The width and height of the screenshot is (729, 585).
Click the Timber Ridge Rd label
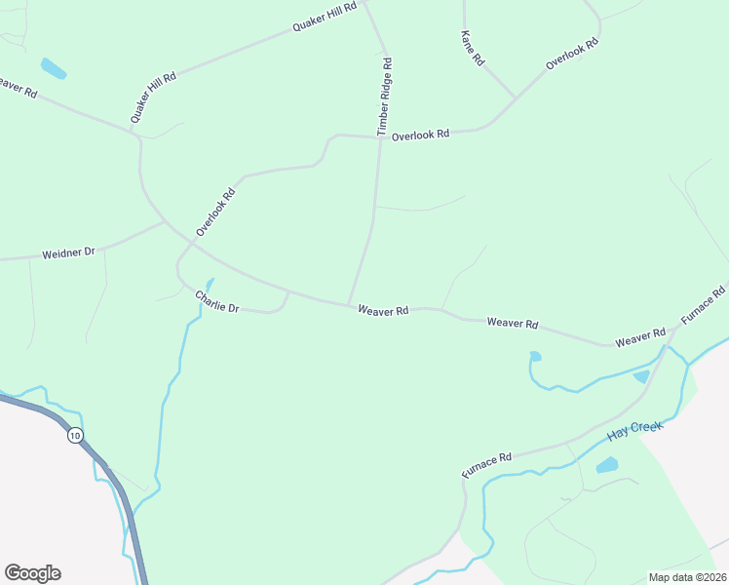click(385, 97)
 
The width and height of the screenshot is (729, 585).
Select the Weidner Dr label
click(68, 253)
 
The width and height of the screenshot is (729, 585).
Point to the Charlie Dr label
click(216, 301)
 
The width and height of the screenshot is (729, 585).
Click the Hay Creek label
click(634, 428)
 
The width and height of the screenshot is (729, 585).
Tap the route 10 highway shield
click(76, 435)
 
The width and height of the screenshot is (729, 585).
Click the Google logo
click(32, 573)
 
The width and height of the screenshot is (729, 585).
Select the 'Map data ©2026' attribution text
click(687, 577)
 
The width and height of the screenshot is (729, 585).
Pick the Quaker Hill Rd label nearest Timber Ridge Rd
click(326, 17)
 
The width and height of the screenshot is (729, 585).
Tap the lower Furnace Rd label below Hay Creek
click(486, 465)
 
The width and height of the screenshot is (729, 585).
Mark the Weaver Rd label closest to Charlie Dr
click(382, 310)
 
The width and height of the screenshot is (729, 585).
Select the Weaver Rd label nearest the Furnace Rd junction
click(639, 337)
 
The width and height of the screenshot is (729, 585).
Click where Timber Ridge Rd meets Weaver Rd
click(349, 304)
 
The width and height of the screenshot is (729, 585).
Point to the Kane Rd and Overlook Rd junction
click(515, 99)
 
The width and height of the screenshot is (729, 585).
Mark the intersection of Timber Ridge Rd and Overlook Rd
click(378, 137)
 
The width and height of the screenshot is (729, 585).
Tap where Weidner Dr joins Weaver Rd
click(164, 223)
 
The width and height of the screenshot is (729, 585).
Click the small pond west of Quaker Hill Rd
click(53, 68)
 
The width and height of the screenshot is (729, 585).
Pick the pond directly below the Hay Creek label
click(606, 465)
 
